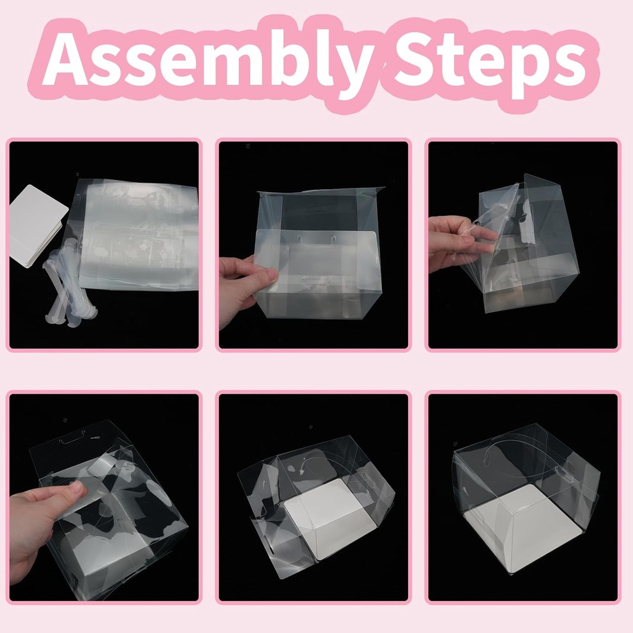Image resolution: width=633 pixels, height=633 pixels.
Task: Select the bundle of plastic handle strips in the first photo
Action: point(68,284)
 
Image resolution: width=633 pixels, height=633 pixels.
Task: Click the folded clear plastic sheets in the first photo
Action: point(139,235)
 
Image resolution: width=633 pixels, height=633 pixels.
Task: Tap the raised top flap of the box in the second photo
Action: point(321,192)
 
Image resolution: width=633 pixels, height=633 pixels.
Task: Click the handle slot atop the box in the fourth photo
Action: point(74,437)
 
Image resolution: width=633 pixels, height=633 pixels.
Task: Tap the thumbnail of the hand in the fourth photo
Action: point(76,487)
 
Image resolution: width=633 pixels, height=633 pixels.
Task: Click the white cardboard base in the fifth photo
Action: point(328,519)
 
